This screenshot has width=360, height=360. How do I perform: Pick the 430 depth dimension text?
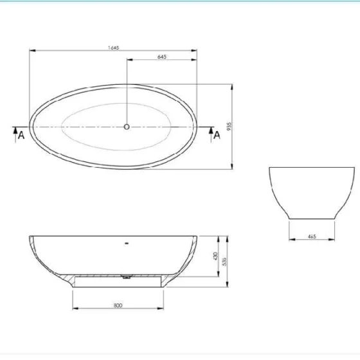point(215,255)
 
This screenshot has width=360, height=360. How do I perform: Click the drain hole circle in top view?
point(127,127)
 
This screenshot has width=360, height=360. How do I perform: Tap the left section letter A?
point(21,135)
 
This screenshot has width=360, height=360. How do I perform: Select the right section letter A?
point(217,135)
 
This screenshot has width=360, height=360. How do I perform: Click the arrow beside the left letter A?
point(14,131)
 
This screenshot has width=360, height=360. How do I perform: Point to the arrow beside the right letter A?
point(210,131)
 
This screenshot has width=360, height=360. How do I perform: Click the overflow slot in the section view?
point(127,244)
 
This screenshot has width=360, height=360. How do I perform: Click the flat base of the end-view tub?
point(311,219)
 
